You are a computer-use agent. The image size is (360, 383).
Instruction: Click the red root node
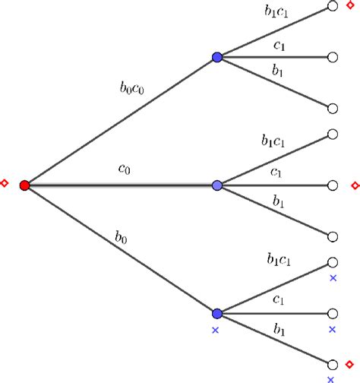(24, 185)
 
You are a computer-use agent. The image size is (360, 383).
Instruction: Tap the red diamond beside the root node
(5, 183)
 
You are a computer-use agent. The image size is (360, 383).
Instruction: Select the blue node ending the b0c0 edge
(217, 57)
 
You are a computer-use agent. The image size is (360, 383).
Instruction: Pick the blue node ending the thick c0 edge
(217, 185)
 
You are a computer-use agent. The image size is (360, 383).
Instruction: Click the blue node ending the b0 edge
(217, 313)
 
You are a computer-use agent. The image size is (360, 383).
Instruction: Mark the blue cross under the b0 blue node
(215, 330)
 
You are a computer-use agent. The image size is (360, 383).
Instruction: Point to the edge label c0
(124, 171)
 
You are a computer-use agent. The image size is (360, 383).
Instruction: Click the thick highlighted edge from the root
(122, 185)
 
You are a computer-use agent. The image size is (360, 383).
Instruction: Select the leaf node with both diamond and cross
(332, 364)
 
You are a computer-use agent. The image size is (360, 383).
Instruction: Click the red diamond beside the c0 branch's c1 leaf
(353, 185)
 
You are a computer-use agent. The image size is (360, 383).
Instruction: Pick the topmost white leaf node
(332, 6)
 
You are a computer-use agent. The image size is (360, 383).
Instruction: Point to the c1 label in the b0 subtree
(279, 301)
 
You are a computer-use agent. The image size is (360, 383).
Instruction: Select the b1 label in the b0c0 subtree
(279, 70)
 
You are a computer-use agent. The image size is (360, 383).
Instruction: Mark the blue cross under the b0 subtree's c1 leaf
(332, 330)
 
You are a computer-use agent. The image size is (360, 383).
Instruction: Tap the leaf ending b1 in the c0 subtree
(332, 236)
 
